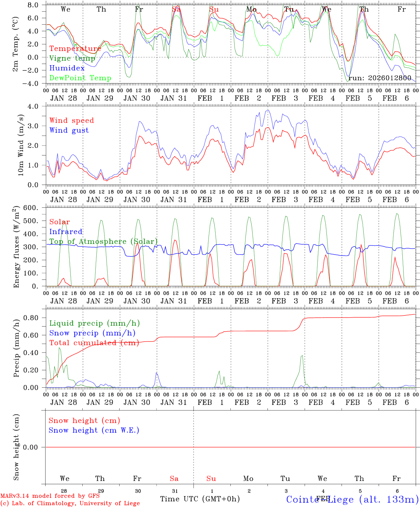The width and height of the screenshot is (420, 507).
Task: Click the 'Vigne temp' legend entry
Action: [72, 58]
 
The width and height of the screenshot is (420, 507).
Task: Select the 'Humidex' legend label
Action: [67, 68]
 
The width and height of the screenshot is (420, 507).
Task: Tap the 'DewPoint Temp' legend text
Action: [80, 78]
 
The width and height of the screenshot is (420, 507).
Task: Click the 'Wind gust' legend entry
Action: [69, 130]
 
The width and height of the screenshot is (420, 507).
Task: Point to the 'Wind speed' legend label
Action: [72, 120]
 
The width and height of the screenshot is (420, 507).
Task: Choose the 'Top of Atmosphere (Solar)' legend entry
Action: [103, 242]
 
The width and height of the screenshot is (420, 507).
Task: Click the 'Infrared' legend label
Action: [66, 232]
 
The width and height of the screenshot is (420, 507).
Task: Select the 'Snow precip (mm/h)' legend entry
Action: [92, 333]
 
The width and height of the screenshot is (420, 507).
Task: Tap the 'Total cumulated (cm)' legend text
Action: [94, 343]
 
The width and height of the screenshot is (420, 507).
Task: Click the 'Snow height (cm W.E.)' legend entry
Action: [94, 430]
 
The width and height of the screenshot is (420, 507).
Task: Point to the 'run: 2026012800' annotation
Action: [380, 78]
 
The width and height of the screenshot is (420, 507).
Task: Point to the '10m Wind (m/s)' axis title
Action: [20, 145]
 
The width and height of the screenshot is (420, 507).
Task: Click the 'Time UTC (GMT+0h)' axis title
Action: [200, 499]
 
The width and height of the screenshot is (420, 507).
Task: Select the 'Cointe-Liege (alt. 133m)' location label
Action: [352, 499]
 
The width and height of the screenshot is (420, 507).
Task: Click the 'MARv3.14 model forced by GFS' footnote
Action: [50, 496]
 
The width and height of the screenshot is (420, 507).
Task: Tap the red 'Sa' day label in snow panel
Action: [174, 478]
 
